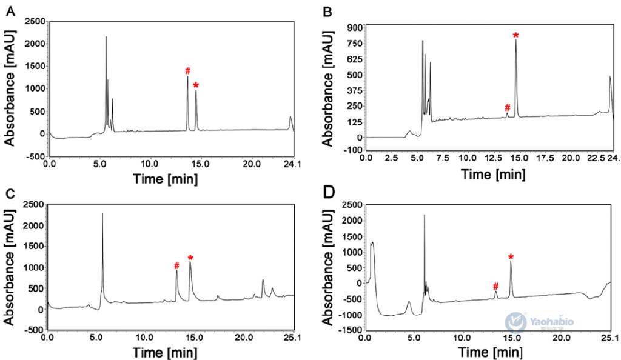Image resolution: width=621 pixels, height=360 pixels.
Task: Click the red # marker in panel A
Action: pyautogui.click(x=188, y=71)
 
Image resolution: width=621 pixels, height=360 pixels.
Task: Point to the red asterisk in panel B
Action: pyautogui.click(x=515, y=35)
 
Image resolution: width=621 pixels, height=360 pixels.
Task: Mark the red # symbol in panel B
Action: pyautogui.click(x=507, y=107)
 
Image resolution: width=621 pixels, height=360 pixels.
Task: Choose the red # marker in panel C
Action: pyautogui.click(x=176, y=265)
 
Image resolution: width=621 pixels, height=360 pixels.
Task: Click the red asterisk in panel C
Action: pyautogui.click(x=190, y=258)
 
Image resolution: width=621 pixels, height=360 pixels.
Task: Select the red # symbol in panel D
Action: pyautogui.click(x=495, y=286)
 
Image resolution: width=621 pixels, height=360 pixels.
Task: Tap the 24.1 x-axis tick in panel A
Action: pyautogui.click(x=294, y=164)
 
